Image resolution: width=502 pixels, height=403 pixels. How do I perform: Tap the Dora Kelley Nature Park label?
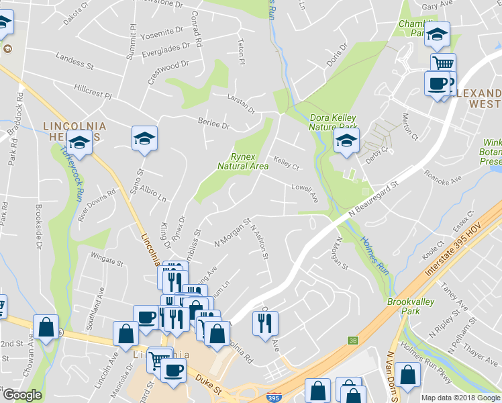(331, 120)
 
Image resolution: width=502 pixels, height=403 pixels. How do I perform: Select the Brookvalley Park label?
(411, 306)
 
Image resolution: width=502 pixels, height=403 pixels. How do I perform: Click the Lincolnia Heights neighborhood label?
(72, 131)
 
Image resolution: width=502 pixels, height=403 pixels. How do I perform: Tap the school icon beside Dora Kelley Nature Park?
(346, 140)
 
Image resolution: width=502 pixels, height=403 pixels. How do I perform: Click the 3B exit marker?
(352, 340)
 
